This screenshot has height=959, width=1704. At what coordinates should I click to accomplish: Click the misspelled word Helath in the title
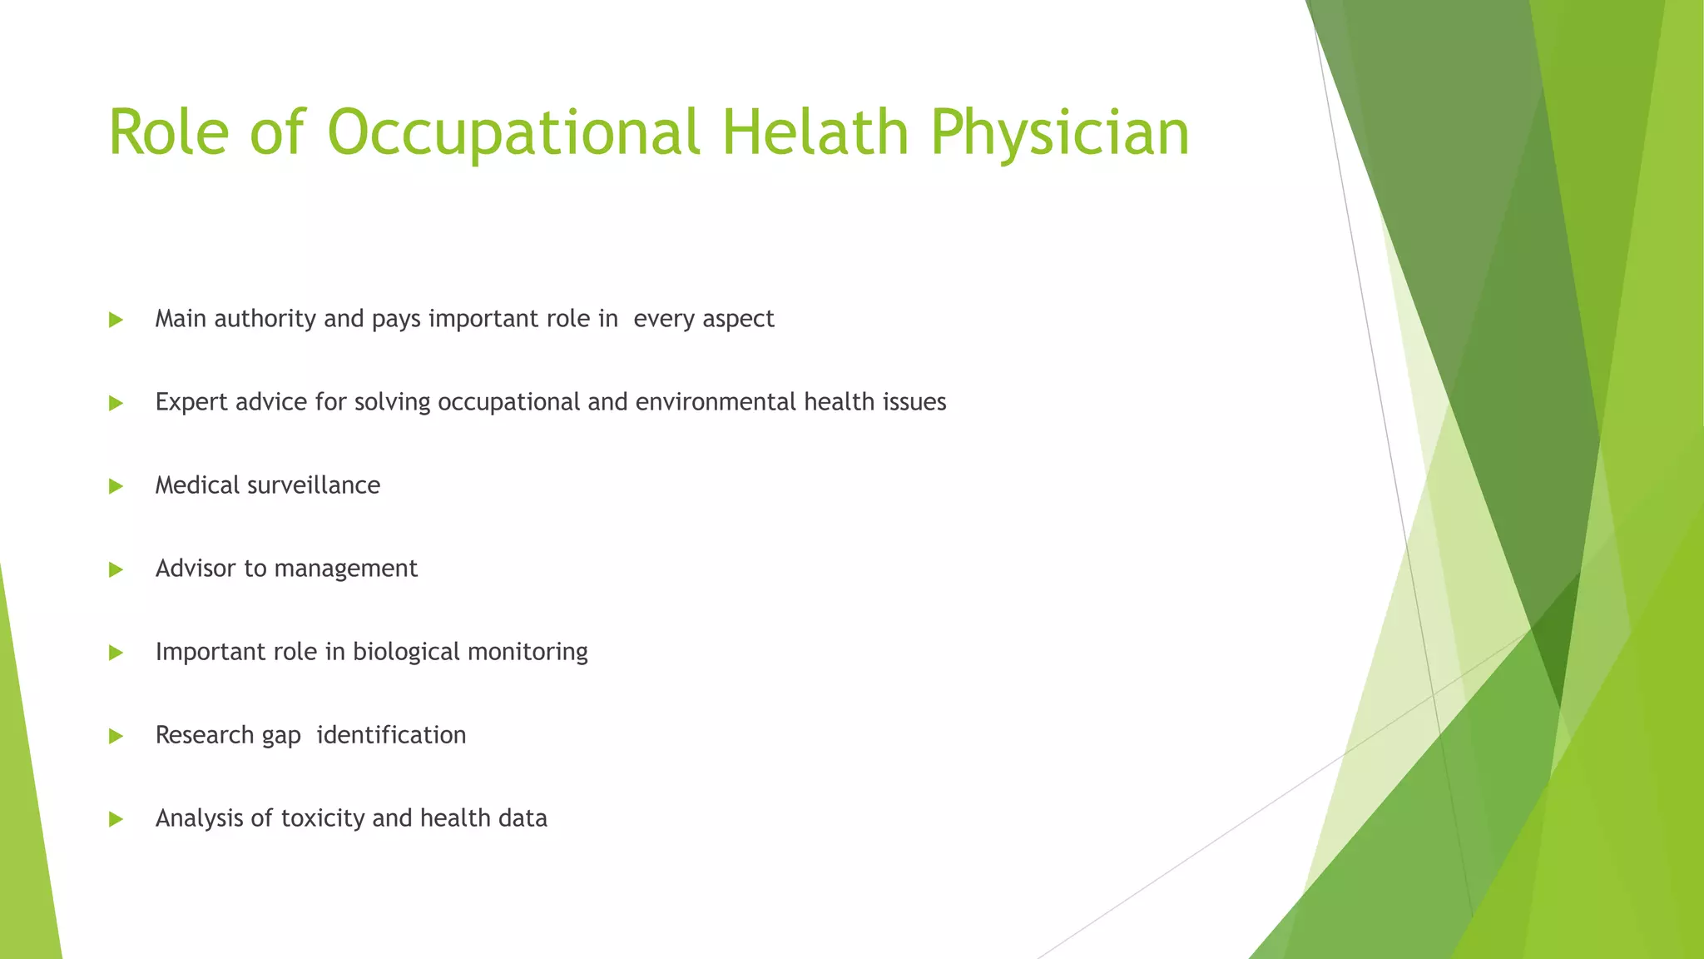[814, 132]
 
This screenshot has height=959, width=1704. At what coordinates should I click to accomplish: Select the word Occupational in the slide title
[513, 134]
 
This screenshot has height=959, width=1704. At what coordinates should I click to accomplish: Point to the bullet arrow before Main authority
[116, 320]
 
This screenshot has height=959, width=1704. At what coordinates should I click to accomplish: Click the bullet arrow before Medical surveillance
[116, 486]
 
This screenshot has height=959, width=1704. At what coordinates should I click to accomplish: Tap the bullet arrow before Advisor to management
[116, 569]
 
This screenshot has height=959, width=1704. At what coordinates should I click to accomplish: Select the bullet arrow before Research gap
[116, 736]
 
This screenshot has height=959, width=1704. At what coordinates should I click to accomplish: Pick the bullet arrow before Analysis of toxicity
[116, 819]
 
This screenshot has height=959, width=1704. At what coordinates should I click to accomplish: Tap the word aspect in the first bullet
[738, 320]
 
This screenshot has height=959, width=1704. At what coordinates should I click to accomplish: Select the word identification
[391, 735]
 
